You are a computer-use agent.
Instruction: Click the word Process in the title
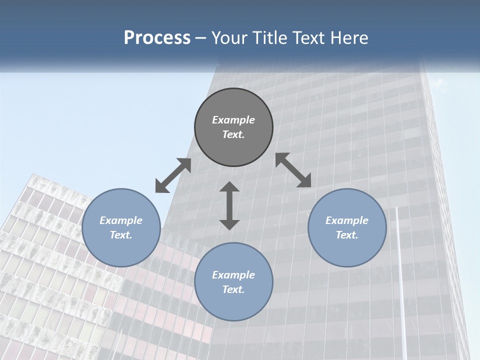pyautogui.click(x=157, y=38)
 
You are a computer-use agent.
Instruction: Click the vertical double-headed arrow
pyautogui.click(x=229, y=205)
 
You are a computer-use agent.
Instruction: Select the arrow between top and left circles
pyautogui.click(x=173, y=175)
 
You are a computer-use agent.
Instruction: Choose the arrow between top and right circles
pyautogui.click(x=293, y=170)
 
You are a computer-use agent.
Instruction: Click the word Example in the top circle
pyautogui.click(x=233, y=120)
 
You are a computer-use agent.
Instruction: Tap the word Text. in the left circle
pyautogui.click(x=121, y=235)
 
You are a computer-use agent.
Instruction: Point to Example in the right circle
pyautogui.click(x=347, y=220)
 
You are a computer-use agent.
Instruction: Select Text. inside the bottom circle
pyautogui.click(x=233, y=289)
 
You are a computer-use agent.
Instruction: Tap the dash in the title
pyautogui.click(x=201, y=38)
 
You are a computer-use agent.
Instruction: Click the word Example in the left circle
pyautogui.click(x=121, y=220)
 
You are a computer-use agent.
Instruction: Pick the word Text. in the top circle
pyautogui.click(x=233, y=134)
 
